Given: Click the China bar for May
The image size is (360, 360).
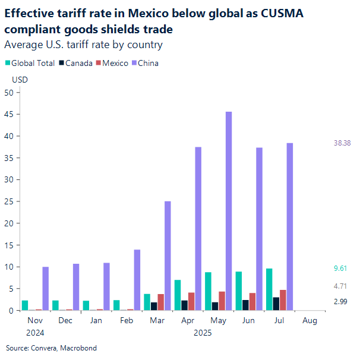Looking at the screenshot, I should [229, 211].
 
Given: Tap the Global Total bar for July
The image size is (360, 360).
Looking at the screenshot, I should [269, 289].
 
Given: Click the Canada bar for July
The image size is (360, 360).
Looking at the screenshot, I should [276, 304].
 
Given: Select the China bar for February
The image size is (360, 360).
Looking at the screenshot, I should [137, 280].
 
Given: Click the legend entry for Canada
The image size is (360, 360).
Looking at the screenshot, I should [78, 63].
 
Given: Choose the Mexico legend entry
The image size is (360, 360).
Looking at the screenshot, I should [115, 63].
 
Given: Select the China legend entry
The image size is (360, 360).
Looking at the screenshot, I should [148, 63].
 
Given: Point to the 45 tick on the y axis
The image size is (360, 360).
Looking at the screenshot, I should [9, 114].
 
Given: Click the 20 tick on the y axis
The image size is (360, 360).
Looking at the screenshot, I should [9, 223].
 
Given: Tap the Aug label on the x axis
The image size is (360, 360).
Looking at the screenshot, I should [310, 320].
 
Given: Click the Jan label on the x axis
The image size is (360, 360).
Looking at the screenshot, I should [96, 320].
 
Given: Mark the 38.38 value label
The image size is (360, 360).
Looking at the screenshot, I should [343, 143].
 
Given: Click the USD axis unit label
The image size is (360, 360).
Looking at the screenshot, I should [20, 80].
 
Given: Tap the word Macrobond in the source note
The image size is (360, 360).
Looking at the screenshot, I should [80, 348].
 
